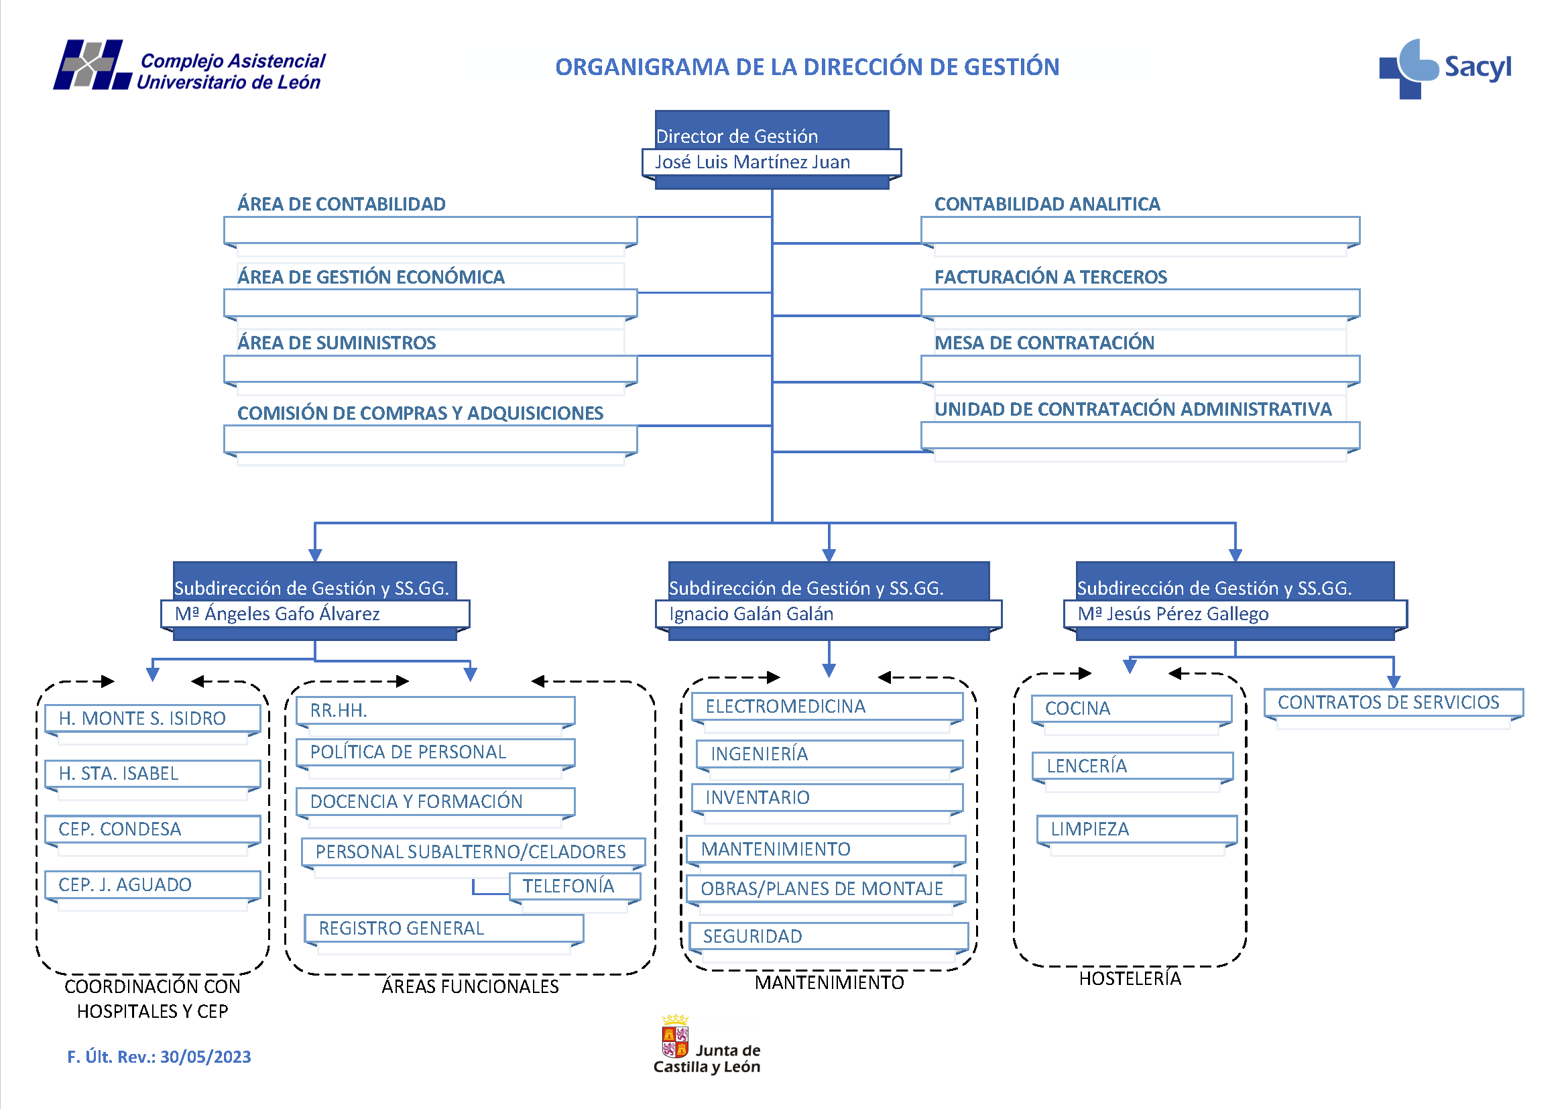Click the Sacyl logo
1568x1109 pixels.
coord(1444,68)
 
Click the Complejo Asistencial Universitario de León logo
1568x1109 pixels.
coord(190,67)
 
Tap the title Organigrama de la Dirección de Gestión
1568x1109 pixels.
coord(806,67)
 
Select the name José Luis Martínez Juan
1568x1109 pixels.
coord(752,162)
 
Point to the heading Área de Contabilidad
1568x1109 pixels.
coord(341,205)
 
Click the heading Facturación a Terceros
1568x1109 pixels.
coord(1050,278)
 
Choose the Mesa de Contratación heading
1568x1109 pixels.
coord(1044,343)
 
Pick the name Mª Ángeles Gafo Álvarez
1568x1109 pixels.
coord(278,614)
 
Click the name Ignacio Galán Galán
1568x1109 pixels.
coord(751,614)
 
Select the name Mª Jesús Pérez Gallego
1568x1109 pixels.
coord(1172,614)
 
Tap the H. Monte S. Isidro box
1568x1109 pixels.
coord(152,718)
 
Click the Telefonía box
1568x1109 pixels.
coord(574,886)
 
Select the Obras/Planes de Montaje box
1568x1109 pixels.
coord(825,889)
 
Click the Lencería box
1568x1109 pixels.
coord(1132,766)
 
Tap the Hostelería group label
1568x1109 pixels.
coord(1130,979)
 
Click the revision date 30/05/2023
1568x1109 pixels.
coord(206,1057)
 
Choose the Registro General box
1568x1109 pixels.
coord(442,929)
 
